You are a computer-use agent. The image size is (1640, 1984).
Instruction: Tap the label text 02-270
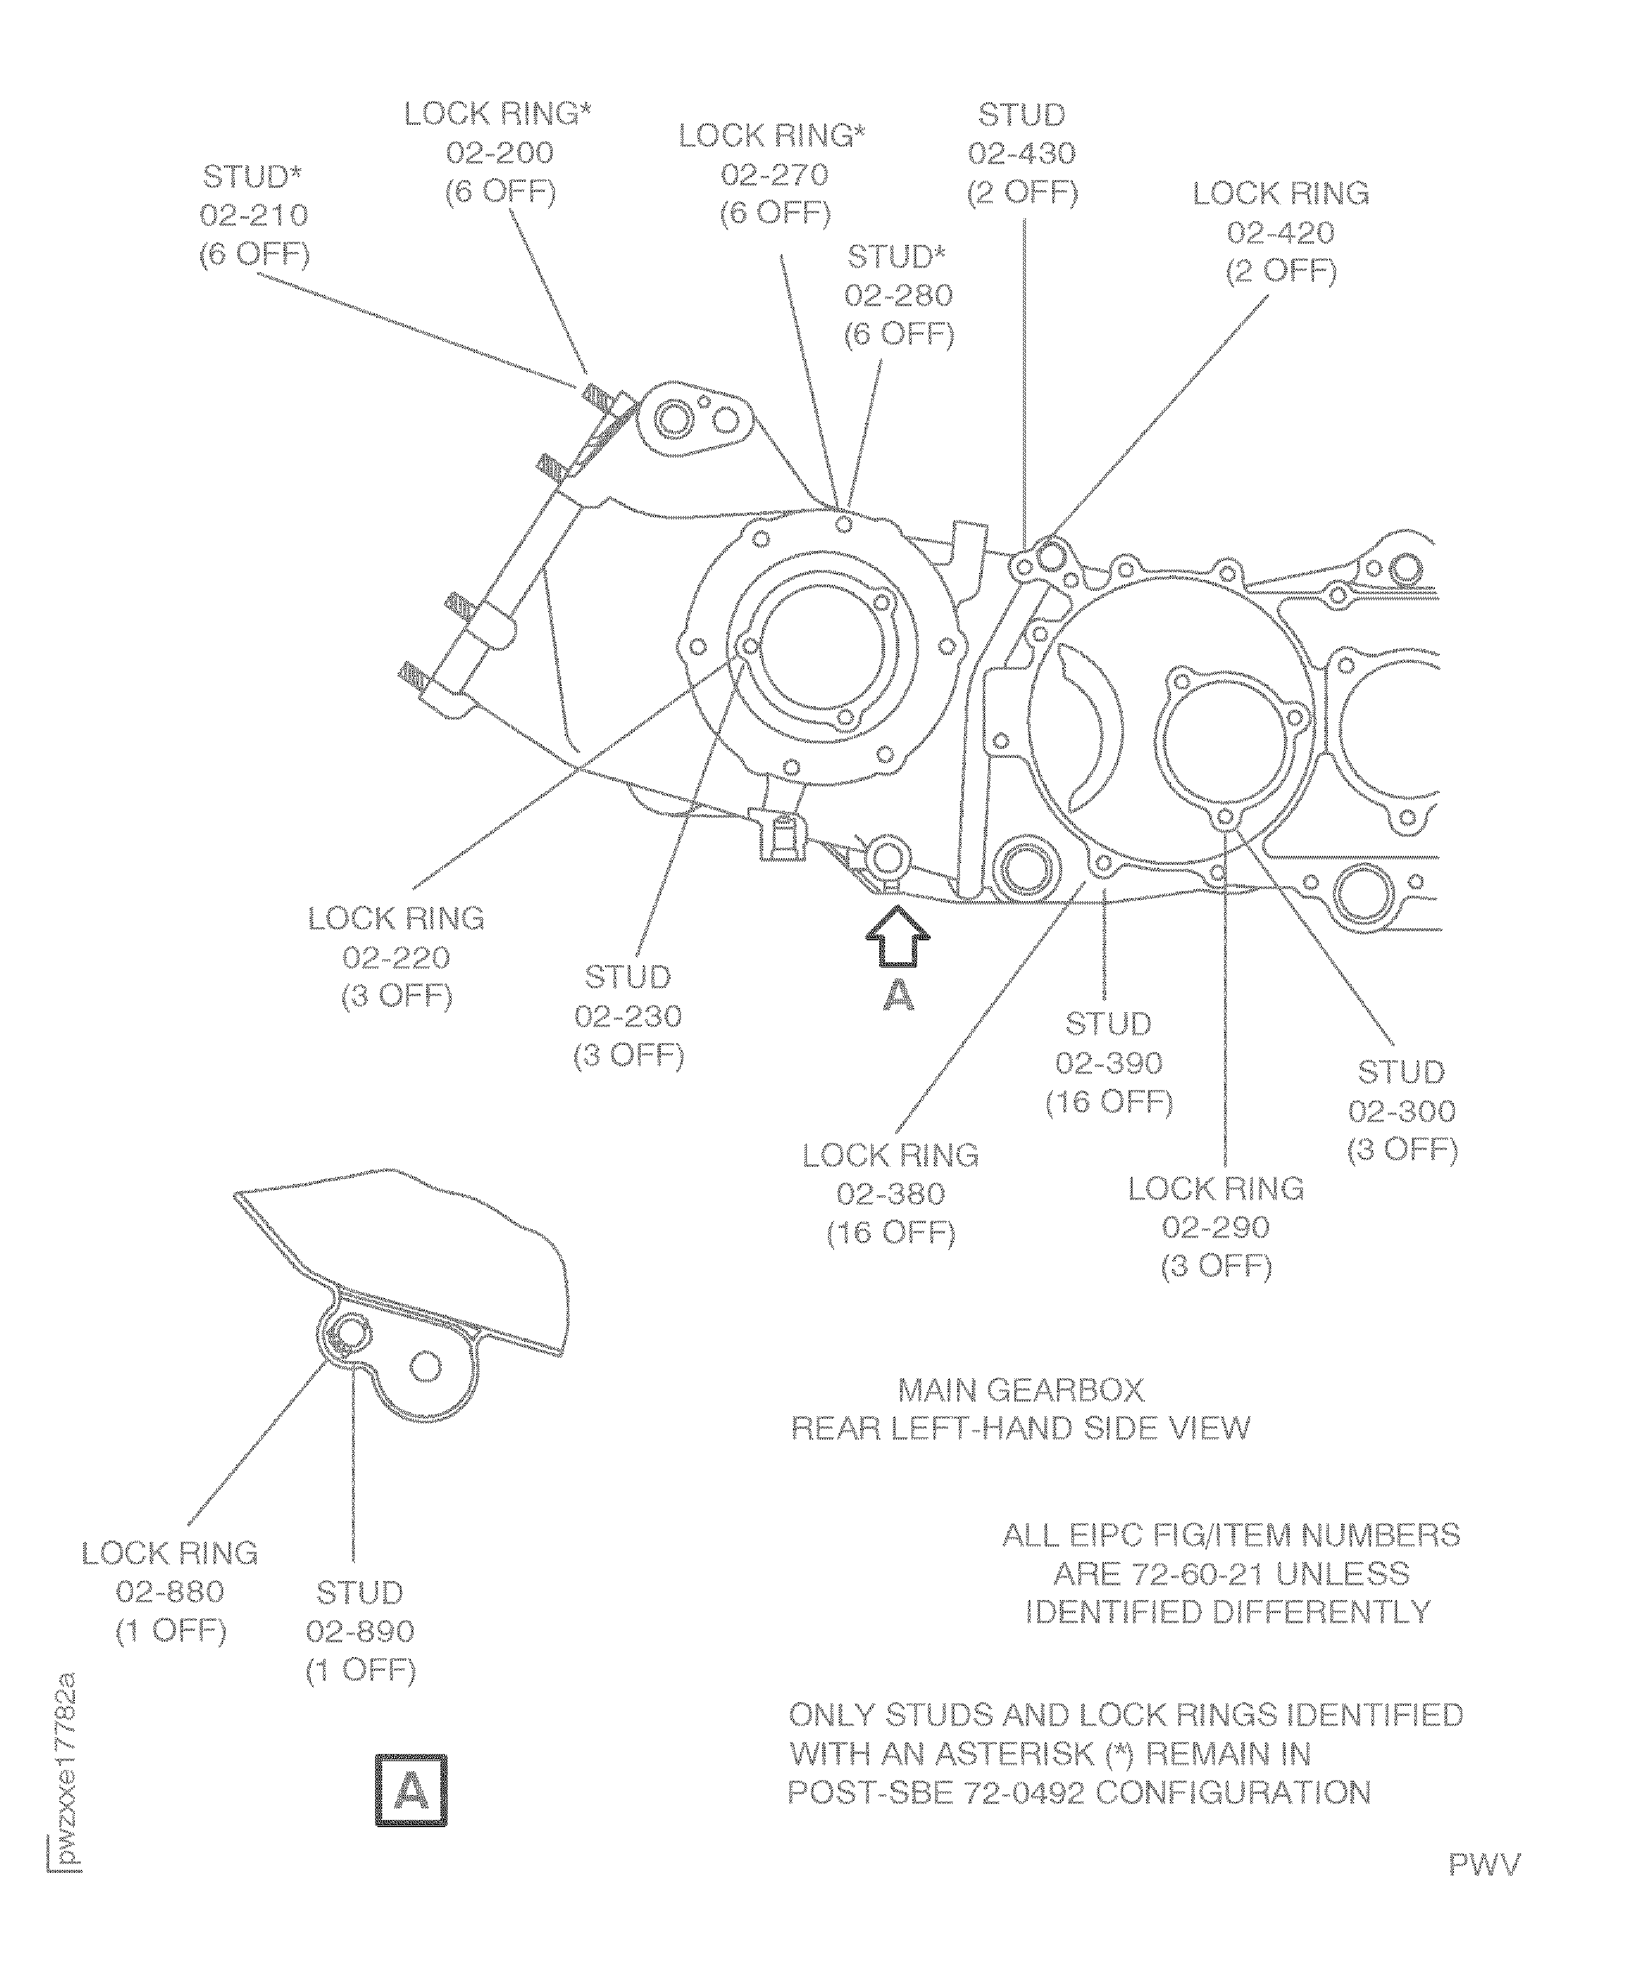point(775,175)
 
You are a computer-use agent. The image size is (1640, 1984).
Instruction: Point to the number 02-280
point(898,296)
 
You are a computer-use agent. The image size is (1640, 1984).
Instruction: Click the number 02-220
point(396,958)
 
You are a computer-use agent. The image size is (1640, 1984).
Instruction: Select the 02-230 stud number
point(628,1016)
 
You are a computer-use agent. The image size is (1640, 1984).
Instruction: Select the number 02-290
point(1216,1227)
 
